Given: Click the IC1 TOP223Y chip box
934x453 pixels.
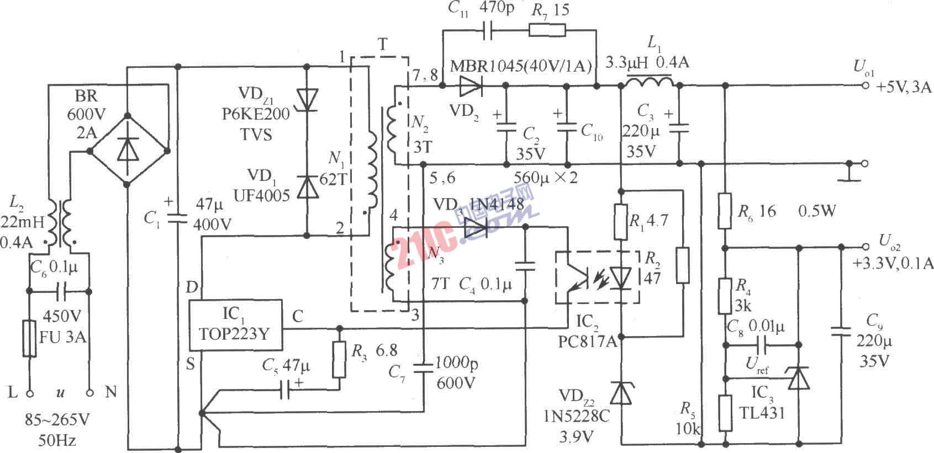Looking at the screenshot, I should (x=235, y=326).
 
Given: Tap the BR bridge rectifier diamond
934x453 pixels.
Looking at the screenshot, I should (x=128, y=150).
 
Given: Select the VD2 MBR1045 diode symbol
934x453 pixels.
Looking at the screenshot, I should (x=471, y=86).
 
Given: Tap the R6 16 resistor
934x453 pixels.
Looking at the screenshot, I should (x=725, y=210).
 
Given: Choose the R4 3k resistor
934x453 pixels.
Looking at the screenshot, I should (x=725, y=296).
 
